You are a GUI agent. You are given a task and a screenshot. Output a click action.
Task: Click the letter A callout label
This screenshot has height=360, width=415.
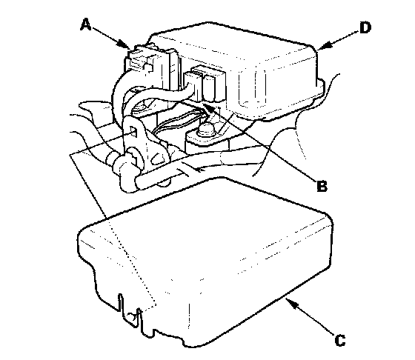pos(86,24)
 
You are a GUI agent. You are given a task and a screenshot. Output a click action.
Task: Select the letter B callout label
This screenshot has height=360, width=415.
pos(322,185)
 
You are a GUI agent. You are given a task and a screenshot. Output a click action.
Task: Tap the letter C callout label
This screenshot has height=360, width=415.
pos(340,340)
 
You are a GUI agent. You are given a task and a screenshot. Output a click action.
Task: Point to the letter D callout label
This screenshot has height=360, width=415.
pos(365,27)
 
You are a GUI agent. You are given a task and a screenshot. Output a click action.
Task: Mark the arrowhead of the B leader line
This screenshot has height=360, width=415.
pos(207,107)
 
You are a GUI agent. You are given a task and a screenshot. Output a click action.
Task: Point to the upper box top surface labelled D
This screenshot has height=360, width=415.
pos(233,42)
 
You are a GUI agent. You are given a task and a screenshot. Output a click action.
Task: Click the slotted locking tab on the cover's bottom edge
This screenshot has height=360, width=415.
pos(130,311)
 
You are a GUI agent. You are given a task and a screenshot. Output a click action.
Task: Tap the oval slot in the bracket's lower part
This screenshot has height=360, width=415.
pos(156,159)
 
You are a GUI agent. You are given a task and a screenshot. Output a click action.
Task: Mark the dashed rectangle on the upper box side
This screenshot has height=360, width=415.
pos(252,87)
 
